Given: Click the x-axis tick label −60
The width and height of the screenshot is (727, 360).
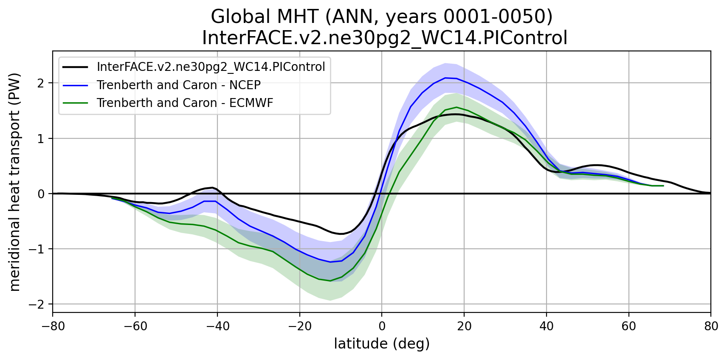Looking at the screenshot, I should click(135, 326).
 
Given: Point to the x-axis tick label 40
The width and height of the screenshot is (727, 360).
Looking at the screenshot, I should click(547, 326).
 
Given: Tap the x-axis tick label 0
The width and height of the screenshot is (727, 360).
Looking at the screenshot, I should click(382, 326).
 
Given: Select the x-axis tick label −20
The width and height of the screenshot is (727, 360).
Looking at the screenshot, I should click(299, 326).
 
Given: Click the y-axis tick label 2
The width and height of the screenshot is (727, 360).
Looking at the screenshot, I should click(41, 83).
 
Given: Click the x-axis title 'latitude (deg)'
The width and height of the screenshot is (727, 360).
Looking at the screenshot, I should click(382, 343).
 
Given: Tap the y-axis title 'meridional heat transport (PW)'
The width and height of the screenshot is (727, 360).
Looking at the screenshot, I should click(15, 182).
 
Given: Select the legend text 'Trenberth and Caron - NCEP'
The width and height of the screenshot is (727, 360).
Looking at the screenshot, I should click(178, 85).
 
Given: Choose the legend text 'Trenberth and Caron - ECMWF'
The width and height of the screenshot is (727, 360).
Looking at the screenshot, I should click(185, 103).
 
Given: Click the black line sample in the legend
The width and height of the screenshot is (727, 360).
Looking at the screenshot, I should click(75, 67).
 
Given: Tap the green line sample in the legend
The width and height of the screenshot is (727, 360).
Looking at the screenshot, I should click(75, 103).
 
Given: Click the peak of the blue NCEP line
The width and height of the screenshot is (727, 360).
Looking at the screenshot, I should click(445, 78).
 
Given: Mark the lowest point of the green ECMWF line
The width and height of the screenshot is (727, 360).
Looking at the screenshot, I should click(330, 281).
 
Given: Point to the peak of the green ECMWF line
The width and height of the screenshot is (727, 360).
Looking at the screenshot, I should click(456, 107).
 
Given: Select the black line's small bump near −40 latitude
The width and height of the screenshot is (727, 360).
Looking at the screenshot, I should click(212, 187).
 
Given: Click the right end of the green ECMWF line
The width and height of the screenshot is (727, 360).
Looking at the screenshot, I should click(663, 186).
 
